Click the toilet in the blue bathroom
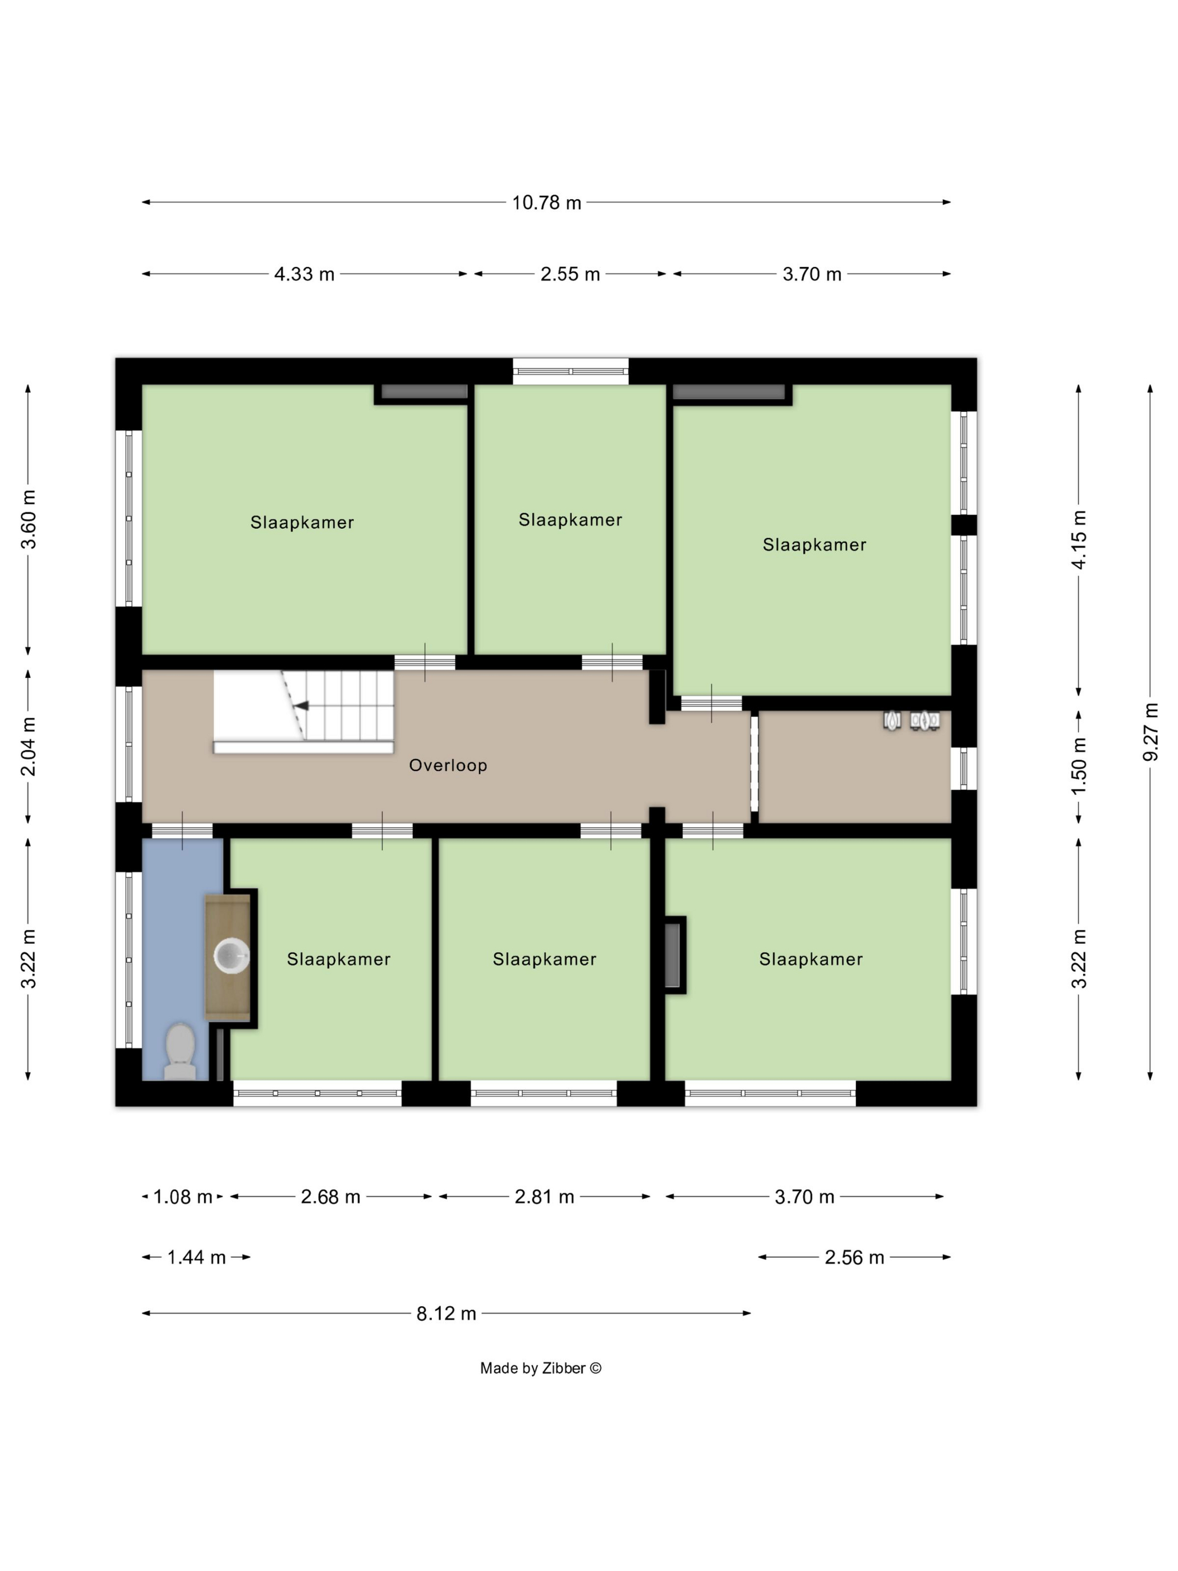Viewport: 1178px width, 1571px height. click(181, 1051)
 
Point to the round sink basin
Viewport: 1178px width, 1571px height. click(232, 956)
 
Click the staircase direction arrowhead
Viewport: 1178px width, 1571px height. click(302, 706)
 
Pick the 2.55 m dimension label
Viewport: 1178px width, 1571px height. click(570, 274)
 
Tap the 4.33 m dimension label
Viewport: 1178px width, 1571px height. click(304, 274)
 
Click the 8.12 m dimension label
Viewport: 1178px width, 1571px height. click(446, 1313)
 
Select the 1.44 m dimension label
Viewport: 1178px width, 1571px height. click(196, 1257)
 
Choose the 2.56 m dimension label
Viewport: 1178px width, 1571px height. click(854, 1257)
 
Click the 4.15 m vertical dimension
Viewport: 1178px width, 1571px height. click(1079, 540)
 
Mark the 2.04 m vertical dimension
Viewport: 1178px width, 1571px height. click(29, 746)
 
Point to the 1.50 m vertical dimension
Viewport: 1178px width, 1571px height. click(1079, 767)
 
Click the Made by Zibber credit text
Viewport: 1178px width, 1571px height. click(540, 1368)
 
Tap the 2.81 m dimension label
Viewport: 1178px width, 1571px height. click(544, 1197)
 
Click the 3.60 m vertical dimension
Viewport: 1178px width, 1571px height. click(29, 519)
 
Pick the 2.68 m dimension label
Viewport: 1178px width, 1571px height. click(330, 1197)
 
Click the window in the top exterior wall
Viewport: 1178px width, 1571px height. click(571, 371)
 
